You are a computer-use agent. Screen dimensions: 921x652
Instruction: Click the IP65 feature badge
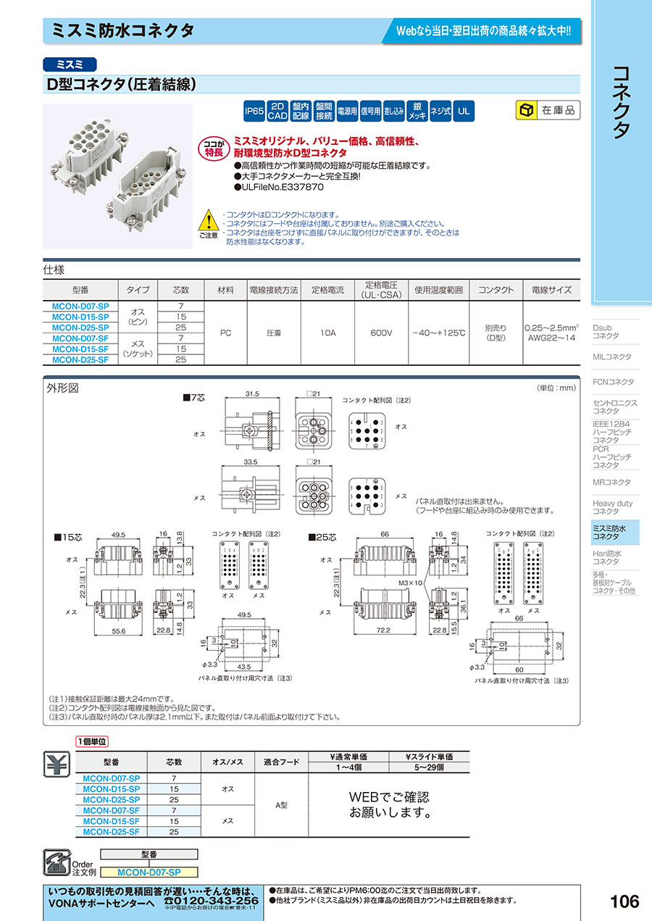(x=254, y=111)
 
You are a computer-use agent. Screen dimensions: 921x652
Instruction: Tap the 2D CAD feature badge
(x=278, y=111)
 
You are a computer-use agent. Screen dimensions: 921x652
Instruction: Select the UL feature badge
(x=464, y=111)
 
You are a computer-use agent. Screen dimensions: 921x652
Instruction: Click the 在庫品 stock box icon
(x=525, y=111)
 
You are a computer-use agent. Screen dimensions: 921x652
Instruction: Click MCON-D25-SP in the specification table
(x=80, y=328)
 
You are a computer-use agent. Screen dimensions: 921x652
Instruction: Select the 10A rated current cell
(x=327, y=333)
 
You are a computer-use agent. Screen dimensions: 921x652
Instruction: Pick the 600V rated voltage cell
(x=380, y=333)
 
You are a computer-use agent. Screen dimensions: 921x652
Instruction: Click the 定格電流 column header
(x=327, y=290)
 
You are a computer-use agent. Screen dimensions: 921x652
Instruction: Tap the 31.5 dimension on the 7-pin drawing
(x=251, y=394)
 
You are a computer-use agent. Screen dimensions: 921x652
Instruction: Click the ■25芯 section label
(x=322, y=538)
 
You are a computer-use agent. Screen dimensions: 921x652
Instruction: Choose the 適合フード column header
(x=282, y=762)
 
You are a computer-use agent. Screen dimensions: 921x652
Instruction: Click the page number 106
(x=624, y=901)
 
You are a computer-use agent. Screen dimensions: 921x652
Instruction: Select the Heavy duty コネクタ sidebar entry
(x=613, y=507)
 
